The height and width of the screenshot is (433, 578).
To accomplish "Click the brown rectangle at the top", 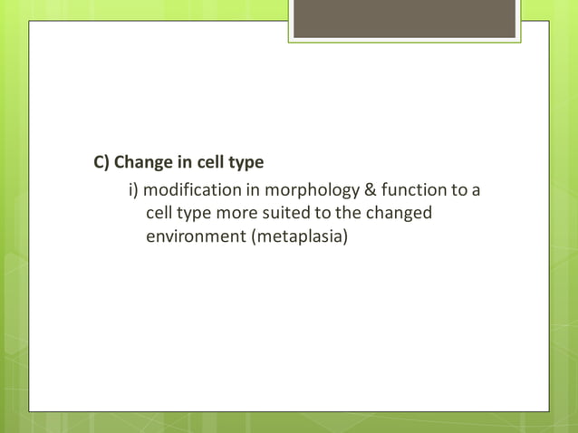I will click(404, 19).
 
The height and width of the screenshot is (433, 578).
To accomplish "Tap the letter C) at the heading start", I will click(101, 163).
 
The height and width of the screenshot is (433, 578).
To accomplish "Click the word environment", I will click(196, 237).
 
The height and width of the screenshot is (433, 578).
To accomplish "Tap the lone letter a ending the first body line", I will click(475, 191).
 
